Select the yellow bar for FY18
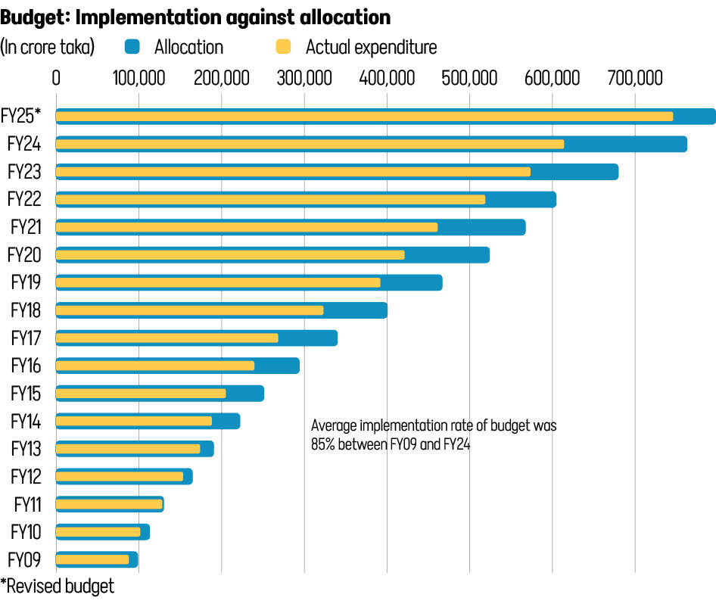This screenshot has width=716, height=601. pos(189,310)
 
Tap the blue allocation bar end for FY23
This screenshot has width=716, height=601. pos(575,172)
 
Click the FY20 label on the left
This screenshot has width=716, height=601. pos(26,255)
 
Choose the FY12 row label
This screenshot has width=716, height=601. pos(26,476)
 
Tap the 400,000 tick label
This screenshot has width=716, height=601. pos(387,77)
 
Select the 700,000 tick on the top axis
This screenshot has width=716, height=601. pos(634,77)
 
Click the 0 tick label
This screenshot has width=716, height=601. pos(56,77)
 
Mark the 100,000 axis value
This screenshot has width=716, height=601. pos(138,77)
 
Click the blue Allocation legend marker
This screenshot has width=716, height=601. pos(132,47)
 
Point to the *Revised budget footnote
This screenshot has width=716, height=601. pos(58,586)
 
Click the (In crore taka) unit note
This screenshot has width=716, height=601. pos(48,47)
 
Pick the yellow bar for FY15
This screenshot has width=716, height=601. pos(141,394)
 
